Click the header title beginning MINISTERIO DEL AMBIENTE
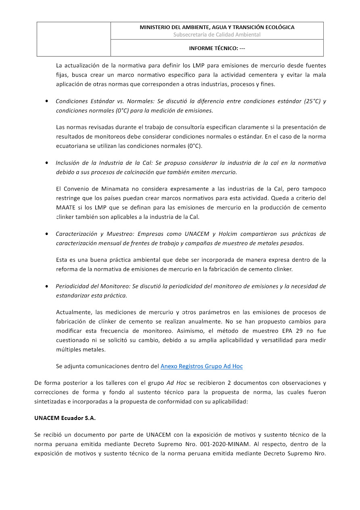pyautogui.click(x=217, y=27)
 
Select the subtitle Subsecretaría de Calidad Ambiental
pyautogui.click(x=217, y=35)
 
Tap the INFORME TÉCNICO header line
pyautogui.click(x=217, y=48)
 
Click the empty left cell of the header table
pyautogui.click(x=74, y=39)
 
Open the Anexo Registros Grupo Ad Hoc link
pyautogui.click(x=201, y=366)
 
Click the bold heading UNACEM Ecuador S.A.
pyautogui.click(x=65, y=418)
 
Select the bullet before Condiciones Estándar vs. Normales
pyautogui.click(x=48, y=101)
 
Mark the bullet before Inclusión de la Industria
pyautogui.click(x=48, y=163)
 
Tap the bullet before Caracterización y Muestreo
pyautogui.click(x=48, y=234)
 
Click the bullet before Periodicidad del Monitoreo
pyautogui.click(x=48, y=286)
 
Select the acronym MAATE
pyautogui.click(x=65, y=208)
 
